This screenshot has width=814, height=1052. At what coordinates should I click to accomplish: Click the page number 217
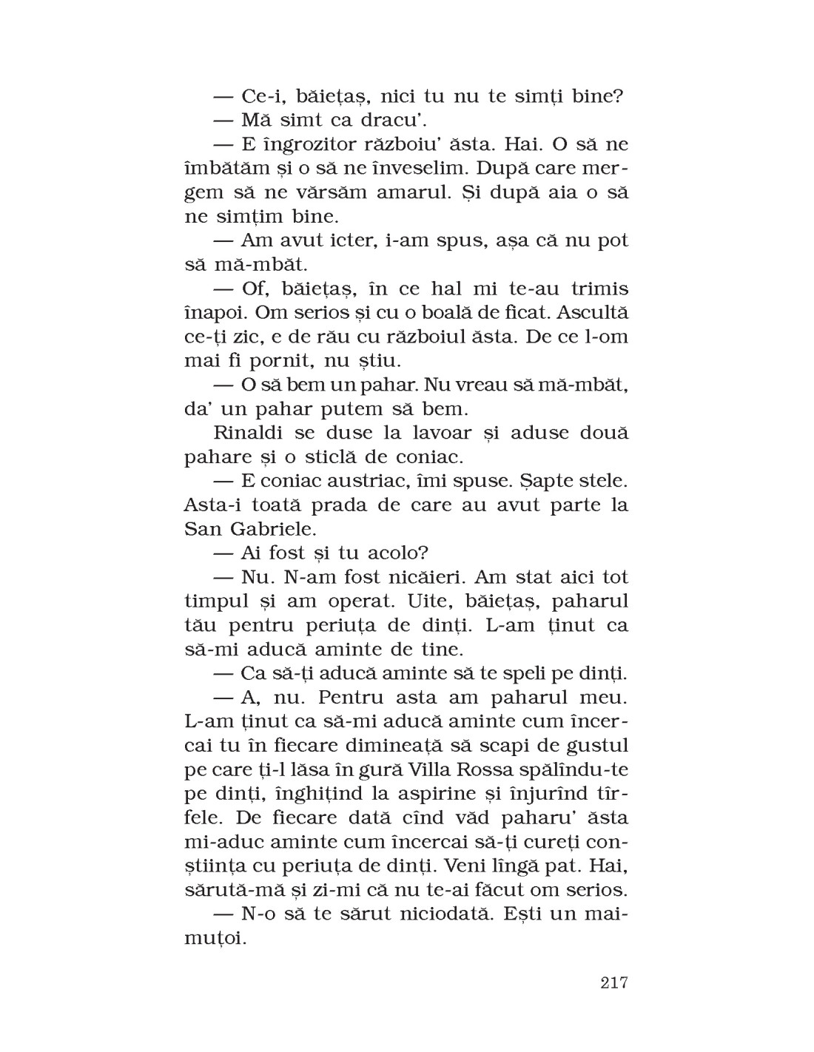[614, 982]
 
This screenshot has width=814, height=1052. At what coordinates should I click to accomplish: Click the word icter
[352, 240]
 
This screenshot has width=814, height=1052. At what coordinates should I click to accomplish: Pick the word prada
[357, 505]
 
